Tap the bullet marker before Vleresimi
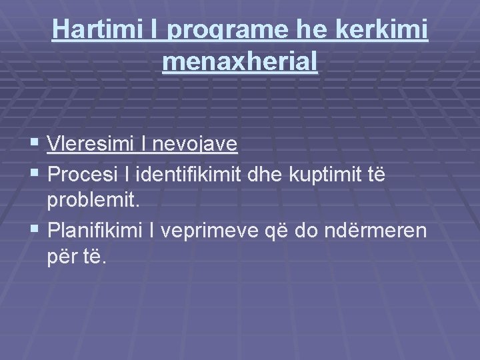coord(35,144)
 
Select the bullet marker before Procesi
coord(35,173)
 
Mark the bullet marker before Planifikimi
coord(35,231)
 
